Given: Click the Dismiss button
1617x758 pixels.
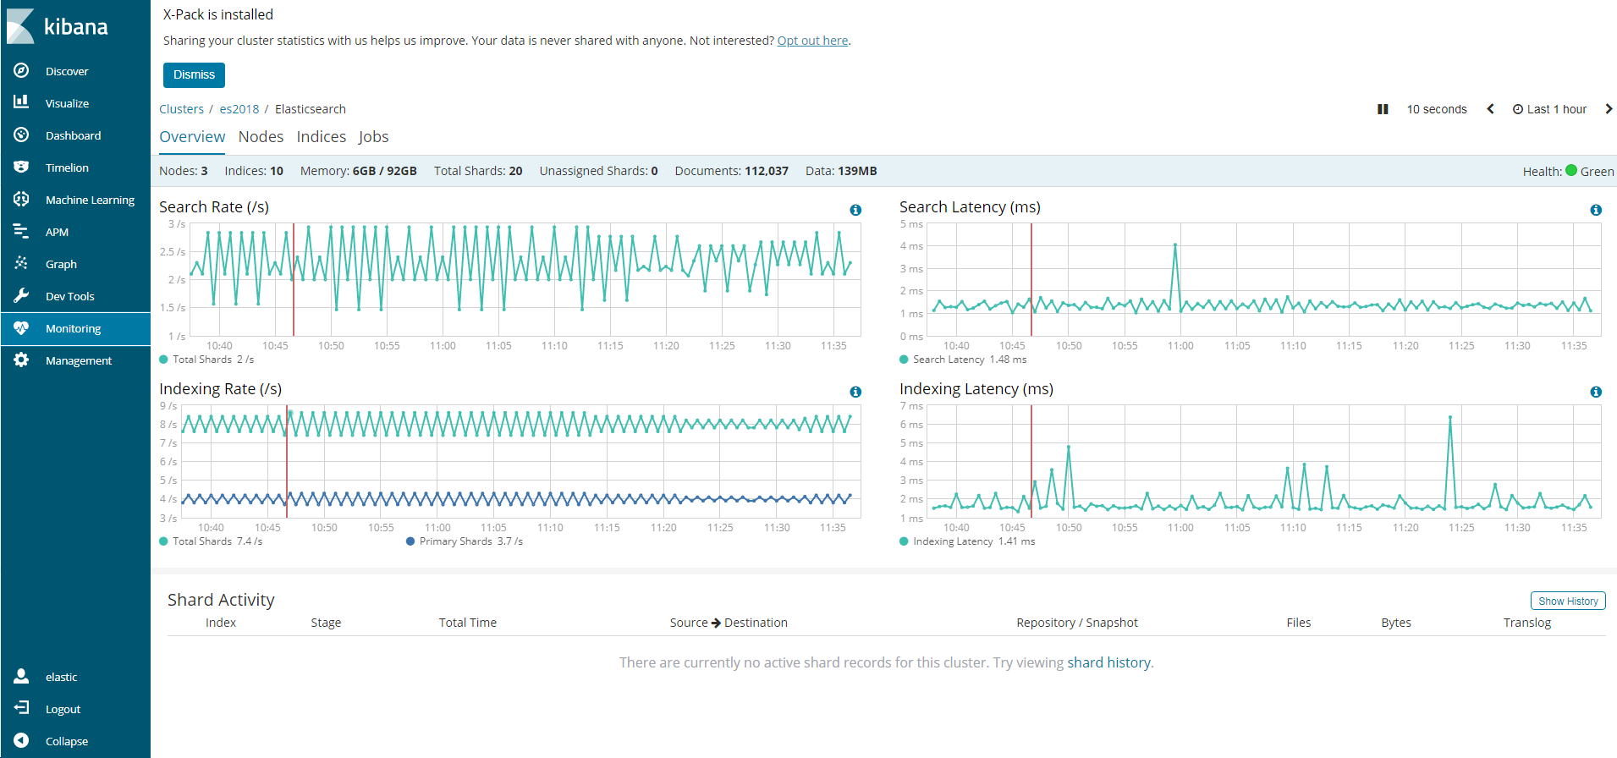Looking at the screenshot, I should click(194, 74).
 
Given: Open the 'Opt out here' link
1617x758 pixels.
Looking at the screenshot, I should click(812, 41).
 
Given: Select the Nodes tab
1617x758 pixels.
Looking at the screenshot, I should click(261, 137).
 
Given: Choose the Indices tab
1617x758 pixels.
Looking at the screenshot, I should click(321, 137).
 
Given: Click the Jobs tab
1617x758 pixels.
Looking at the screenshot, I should click(373, 137).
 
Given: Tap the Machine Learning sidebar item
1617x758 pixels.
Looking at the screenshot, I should click(90, 200).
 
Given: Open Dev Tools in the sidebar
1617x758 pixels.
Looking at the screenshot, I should click(69, 296).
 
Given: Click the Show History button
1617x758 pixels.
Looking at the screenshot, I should click(1567, 601).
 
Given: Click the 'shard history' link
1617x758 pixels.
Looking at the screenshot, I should click(1108, 662).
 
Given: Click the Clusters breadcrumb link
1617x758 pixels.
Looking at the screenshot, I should click(181, 109).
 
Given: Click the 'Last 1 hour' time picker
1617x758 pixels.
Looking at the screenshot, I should click(1550, 109).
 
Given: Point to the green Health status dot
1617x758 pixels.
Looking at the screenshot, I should click(1571, 170).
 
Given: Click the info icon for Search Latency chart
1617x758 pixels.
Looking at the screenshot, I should click(1595, 210).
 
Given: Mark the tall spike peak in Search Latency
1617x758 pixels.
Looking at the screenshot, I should click(1175, 245).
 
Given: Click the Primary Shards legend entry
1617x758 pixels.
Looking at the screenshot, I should click(465, 541).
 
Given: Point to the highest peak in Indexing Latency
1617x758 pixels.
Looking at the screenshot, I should click(1449, 417).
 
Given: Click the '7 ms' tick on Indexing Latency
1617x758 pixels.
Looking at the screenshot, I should click(911, 406).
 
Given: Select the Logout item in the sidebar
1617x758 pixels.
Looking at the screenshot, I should click(63, 709).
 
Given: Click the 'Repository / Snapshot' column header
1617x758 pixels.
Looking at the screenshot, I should click(1076, 623).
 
